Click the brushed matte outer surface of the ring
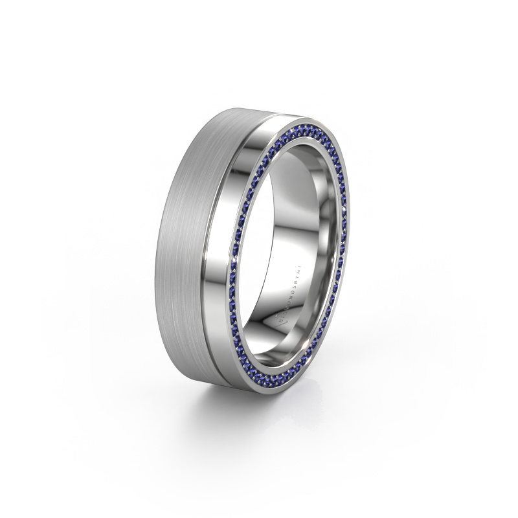(x=188, y=246)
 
